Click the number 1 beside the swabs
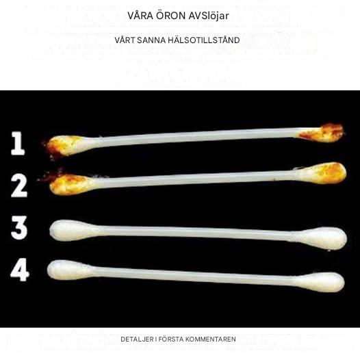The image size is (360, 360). pos(18,144)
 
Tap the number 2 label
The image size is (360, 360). pos(19,185)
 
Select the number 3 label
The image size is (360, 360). pos(19,228)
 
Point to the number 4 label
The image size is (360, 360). pos(20,270)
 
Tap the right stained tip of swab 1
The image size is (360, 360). pos(322,133)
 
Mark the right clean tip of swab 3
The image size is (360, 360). pos(322,238)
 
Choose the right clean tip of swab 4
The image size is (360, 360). pos(320,282)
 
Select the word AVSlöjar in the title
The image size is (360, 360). pos(209,16)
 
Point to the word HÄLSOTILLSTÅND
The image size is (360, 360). pos(204,40)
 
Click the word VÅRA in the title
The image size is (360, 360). pos(140,16)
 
